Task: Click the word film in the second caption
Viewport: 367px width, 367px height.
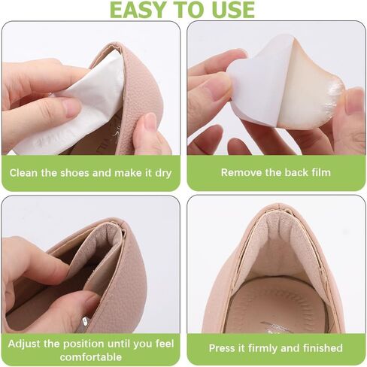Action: coord(320,172)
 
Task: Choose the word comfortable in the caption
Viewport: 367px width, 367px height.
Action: coord(91,356)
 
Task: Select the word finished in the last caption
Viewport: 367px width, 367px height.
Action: coord(323,348)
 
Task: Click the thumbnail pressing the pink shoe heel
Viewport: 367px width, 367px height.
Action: coord(150,122)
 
